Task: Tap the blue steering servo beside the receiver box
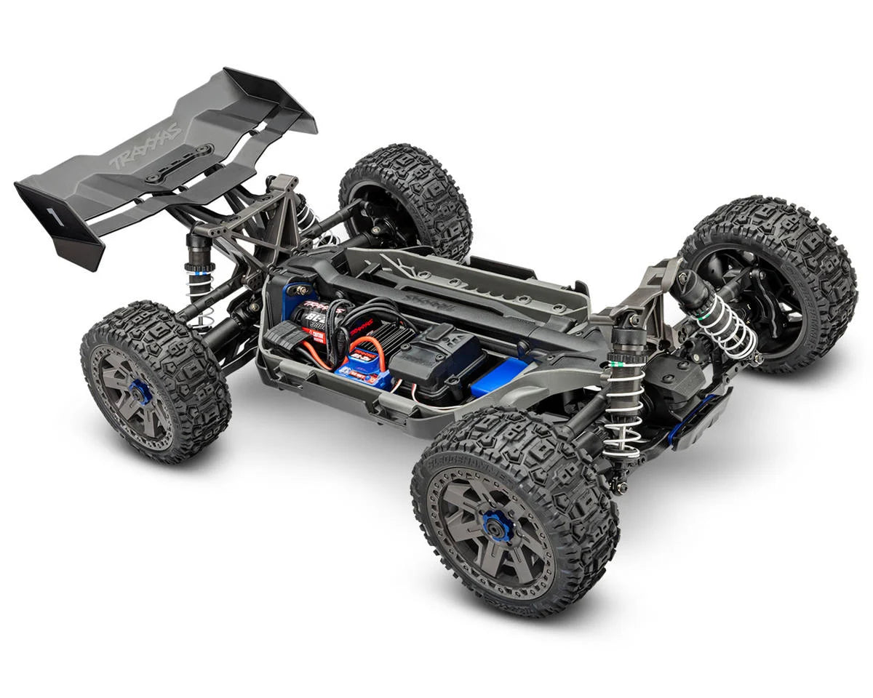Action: point(502,376)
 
